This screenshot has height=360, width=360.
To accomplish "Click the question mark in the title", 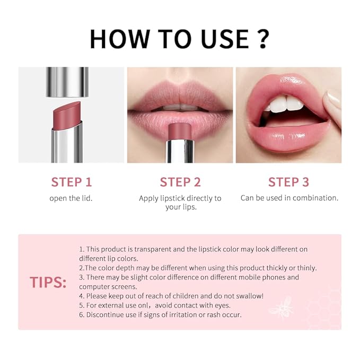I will (261, 39).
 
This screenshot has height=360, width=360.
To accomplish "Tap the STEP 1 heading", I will (72, 182).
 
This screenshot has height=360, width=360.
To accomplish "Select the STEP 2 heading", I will (180, 182).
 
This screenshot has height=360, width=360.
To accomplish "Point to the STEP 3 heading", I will (288, 182).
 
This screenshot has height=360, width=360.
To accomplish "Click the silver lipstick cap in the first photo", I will (67, 82).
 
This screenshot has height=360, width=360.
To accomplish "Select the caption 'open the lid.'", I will (72, 198).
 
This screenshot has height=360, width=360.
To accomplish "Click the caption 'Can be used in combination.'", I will (289, 198).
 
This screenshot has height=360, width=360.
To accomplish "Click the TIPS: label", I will (48, 282).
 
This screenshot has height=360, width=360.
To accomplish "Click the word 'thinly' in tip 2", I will (304, 268).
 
